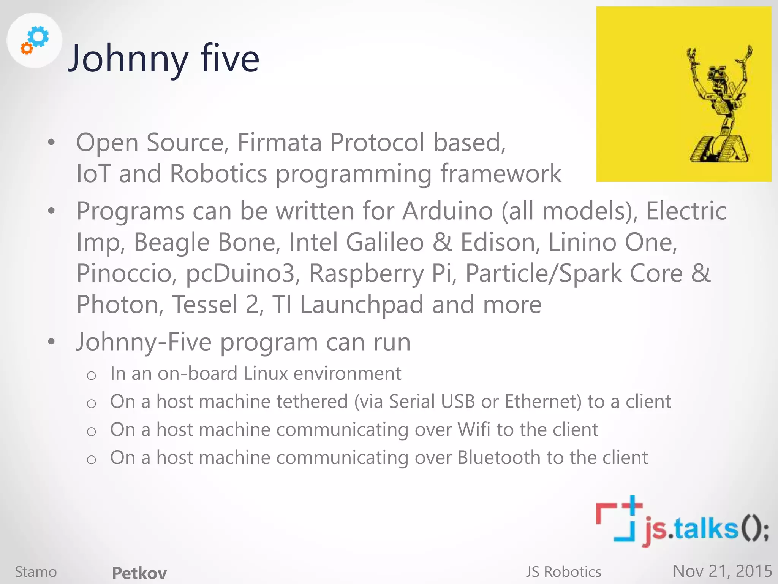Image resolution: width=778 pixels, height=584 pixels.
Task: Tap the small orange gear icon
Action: point(27,48)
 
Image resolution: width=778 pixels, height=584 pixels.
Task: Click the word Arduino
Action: point(448,211)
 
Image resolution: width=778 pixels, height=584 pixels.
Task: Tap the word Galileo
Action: point(385,242)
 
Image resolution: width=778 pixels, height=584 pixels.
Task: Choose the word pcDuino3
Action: point(240,273)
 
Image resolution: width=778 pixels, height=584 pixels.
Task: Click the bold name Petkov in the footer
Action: point(139,573)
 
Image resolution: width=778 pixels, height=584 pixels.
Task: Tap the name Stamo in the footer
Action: point(36,572)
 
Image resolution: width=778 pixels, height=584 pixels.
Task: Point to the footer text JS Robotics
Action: point(563,572)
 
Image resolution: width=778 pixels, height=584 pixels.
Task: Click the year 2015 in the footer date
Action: point(754,571)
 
